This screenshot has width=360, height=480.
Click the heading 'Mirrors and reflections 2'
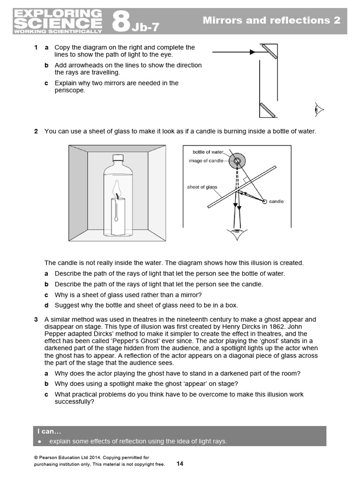(271, 20)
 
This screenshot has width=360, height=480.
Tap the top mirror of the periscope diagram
(269, 51)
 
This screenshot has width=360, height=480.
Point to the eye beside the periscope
(319, 110)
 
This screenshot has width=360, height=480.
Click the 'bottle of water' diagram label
(208, 152)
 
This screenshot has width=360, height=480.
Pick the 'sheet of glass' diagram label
(202, 187)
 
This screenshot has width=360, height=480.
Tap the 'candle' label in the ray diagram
(277, 202)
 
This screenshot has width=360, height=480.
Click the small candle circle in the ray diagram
(265, 202)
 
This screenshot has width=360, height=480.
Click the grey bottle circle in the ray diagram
(237, 161)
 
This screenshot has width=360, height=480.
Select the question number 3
(36, 319)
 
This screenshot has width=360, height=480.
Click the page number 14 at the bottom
(180, 464)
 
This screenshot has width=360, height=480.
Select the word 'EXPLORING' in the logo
(58, 14)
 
